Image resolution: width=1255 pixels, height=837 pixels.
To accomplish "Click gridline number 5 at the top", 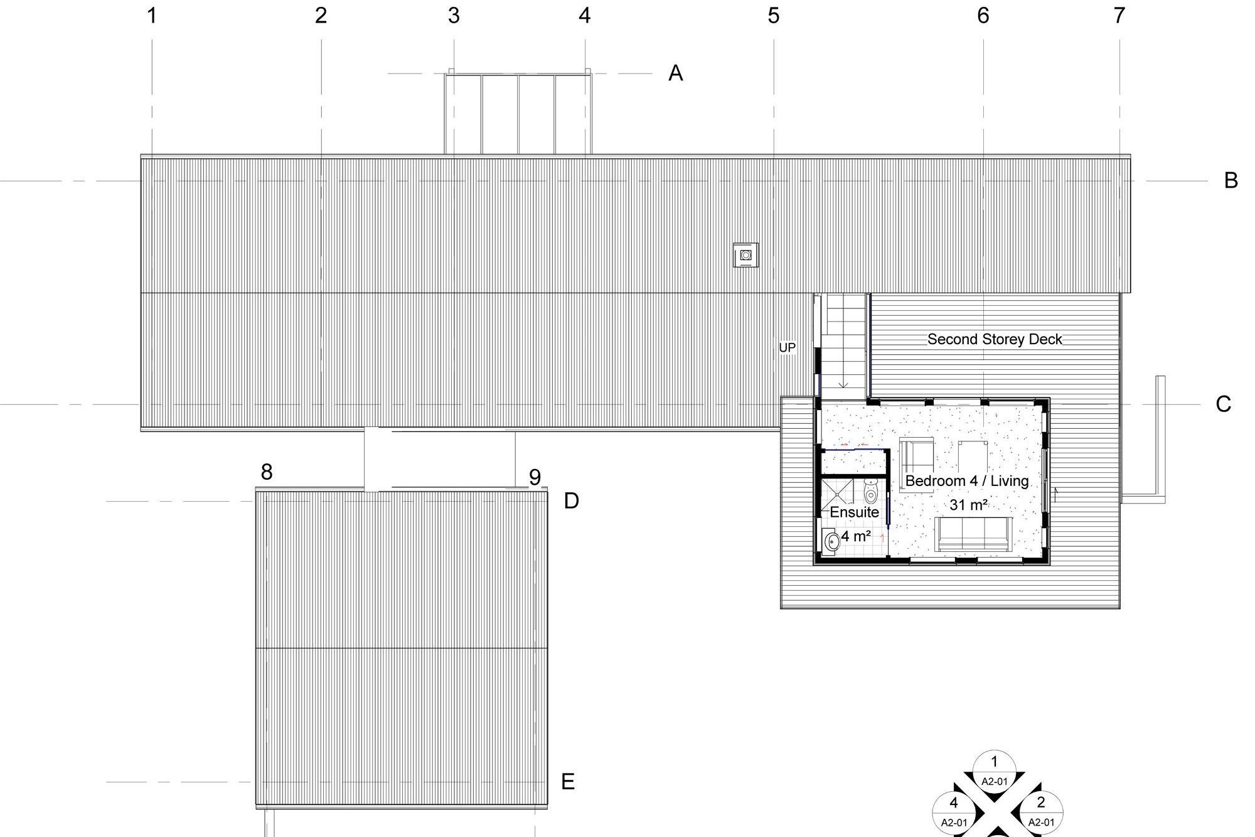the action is [773, 16].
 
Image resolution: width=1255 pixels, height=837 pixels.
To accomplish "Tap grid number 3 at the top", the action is [454, 16].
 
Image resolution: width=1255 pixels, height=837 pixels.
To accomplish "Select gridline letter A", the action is [675, 73].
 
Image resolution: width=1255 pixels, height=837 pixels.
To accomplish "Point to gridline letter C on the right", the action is [1223, 404].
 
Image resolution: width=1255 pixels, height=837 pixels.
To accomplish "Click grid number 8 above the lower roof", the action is [267, 472].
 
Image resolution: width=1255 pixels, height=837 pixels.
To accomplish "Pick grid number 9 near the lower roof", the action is [535, 477].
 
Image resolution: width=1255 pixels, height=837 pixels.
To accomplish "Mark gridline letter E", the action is [567, 782].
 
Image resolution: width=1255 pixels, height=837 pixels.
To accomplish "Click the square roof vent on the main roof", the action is [745, 255].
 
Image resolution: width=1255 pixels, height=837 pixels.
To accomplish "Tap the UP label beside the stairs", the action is [787, 347].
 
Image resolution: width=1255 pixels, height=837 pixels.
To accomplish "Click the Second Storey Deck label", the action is [995, 339].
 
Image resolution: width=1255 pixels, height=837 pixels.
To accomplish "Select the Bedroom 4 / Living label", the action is [967, 481].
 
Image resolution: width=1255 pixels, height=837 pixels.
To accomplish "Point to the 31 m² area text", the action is [969, 504].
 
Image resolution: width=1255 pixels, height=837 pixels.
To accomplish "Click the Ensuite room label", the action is [854, 512].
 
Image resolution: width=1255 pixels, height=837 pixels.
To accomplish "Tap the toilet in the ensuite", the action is [871, 491].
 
